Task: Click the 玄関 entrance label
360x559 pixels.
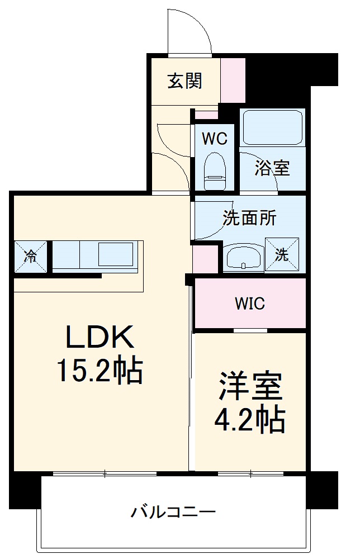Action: [184, 82]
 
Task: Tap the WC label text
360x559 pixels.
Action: [215, 139]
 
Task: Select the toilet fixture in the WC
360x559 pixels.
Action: [215, 171]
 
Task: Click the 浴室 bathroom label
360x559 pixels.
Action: [272, 168]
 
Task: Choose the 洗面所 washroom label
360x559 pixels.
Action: [249, 218]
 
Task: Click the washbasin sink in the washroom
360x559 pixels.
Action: [243, 258]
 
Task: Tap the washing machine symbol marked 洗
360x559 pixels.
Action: [282, 254]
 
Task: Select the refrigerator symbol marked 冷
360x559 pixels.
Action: [31, 257]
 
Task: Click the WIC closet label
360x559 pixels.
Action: [249, 304]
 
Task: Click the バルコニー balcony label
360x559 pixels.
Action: [173, 511]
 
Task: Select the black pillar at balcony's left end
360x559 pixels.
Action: [26, 490]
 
